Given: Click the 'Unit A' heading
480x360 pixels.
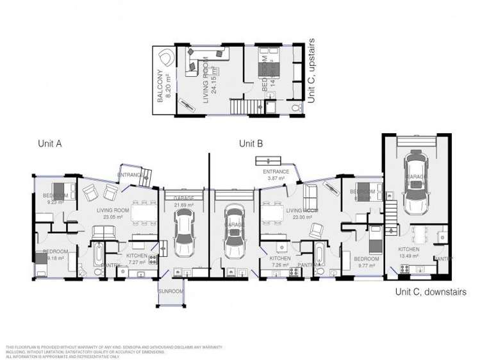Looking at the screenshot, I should coord(50,144).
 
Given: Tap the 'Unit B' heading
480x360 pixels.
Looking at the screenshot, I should coord(251,144).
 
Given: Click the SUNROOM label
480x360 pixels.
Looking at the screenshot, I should coord(172,291).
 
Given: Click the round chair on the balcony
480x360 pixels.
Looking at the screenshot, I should coord(166,58).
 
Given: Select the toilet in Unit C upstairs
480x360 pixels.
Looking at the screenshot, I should coord(295,108).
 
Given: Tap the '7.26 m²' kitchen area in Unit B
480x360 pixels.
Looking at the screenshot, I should coord(280,265).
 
